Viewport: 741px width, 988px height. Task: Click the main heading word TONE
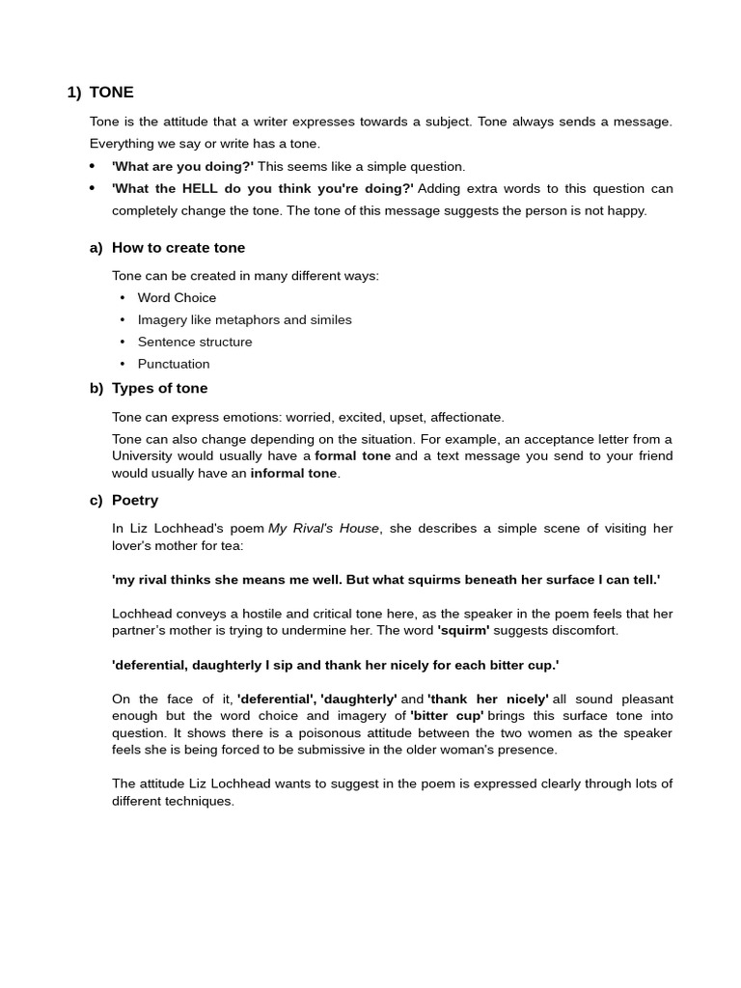[x=111, y=93]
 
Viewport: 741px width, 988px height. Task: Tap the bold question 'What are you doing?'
[x=182, y=166]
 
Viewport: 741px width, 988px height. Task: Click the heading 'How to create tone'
[x=178, y=248]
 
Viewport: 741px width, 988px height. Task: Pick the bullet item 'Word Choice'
[x=177, y=298]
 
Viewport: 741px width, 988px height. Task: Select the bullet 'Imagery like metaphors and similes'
[x=244, y=320]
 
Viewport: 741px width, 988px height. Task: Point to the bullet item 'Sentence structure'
[x=195, y=343]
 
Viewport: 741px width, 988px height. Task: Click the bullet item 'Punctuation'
[x=174, y=365]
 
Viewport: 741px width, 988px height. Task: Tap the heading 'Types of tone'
[x=159, y=389]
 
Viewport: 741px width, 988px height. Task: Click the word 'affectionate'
[x=467, y=418]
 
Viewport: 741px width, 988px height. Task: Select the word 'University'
[x=142, y=455]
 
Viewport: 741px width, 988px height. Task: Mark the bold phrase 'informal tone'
[x=293, y=474]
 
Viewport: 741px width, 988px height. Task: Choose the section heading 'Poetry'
[x=135, y=501]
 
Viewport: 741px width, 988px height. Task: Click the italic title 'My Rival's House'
[x=324, y=529]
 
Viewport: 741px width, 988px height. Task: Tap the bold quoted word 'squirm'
[x=463, y=631]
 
